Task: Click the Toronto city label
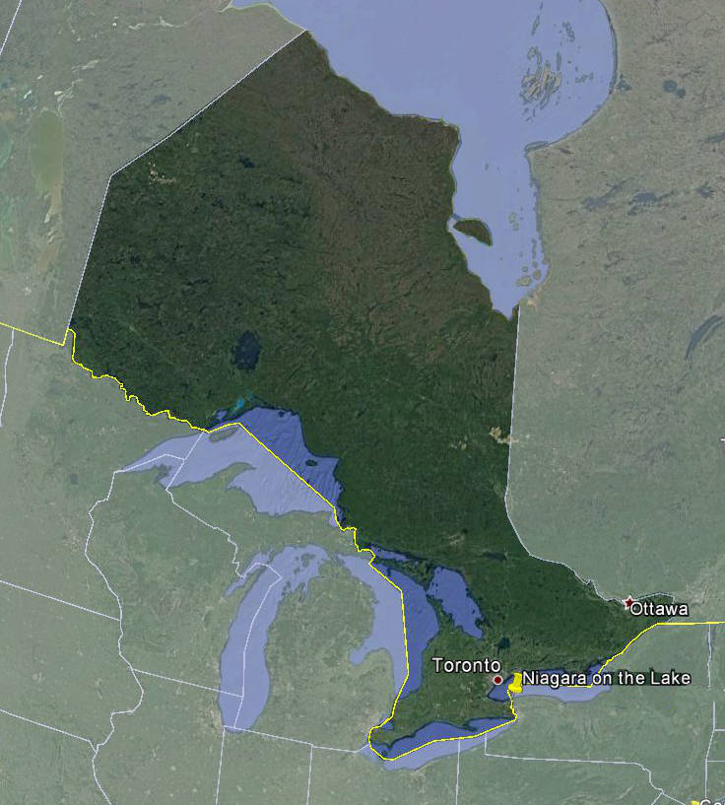467,666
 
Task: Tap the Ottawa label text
659,609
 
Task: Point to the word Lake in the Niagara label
673,678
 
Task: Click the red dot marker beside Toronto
497,680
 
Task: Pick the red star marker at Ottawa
628,601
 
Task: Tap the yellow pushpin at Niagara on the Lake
513,682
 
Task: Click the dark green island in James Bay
473,232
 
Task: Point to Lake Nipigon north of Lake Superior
246,350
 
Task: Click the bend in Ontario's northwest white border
111,176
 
